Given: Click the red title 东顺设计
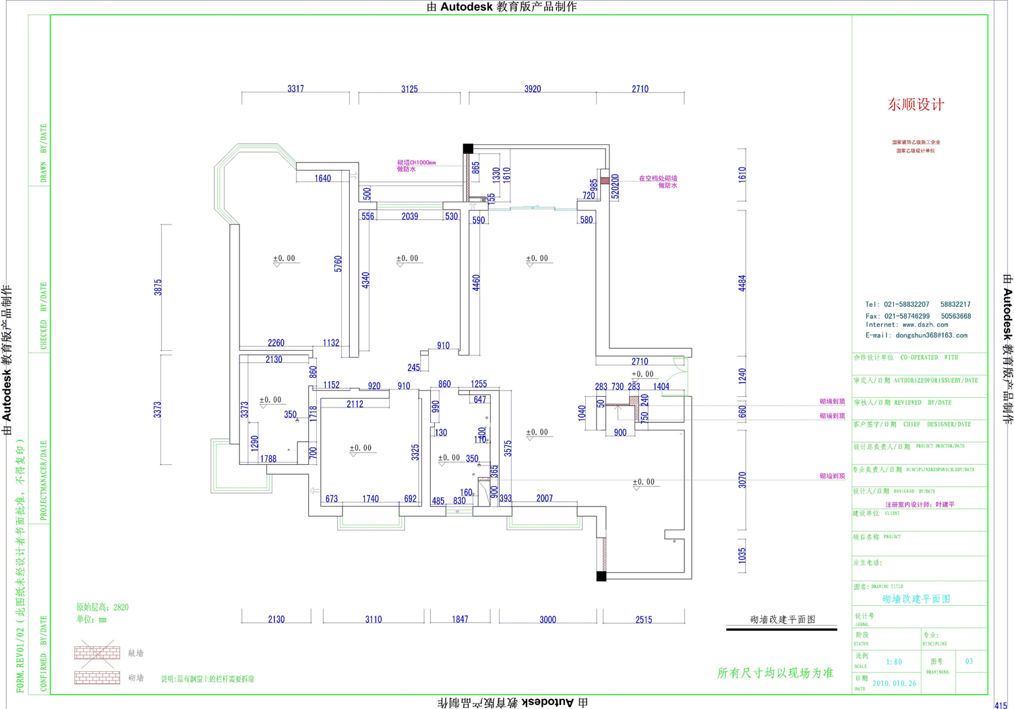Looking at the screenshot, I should (x=916, y=105).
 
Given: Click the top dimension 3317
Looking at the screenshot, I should (x=295, y=89).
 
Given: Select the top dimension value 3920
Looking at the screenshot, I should (x=532, y=89).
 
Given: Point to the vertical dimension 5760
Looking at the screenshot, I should (x=338, y=264).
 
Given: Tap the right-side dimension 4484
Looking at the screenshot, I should (x=742, y=283).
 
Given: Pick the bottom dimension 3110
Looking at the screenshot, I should (x=374, y=619).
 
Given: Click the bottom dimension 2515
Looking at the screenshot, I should (x=643, y=619).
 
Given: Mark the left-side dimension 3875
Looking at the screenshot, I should (x=158, y=287).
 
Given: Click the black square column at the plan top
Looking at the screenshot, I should (x=468, y=148).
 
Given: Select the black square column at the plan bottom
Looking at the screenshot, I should (x=601, y=576).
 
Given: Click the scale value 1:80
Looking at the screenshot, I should (x=894, y=662).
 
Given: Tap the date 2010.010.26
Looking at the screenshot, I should (x=894, y=683).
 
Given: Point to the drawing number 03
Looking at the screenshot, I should (x=969, y=661).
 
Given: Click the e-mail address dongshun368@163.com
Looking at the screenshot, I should (x=931, y=335).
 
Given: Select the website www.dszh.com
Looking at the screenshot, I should (x=925, y=324).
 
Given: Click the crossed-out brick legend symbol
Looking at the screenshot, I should (x=97, y=652).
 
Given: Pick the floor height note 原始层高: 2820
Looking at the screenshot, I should (x=102, y=607).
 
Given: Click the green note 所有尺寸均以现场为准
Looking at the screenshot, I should (x=775, y=673).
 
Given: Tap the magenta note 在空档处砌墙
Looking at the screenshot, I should (x=658, y=179).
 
